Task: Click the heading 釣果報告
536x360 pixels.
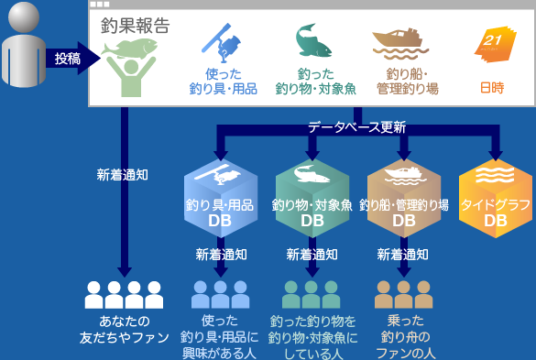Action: click(x=135, y=27)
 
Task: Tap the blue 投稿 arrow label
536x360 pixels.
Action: click(x=67, y=59)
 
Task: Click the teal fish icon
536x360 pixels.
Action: click(x=312, y=42)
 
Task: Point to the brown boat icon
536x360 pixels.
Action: click(x=396, y=40)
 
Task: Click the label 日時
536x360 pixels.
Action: click(x=492, y=88)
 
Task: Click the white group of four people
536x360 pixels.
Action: click(x=124, y=294)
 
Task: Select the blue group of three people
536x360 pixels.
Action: click(x=220, y=294)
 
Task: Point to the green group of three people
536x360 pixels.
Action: click(x=312, y=294)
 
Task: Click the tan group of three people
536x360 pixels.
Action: click(x=404, y=294)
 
